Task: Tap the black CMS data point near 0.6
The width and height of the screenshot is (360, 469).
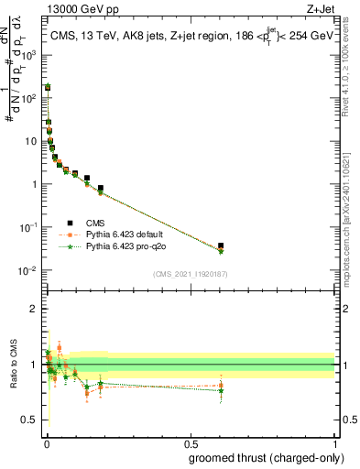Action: pyautogui.click(x=221, y=245)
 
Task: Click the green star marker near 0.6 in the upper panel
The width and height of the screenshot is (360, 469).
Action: pyautogui.click(x=221, y=251)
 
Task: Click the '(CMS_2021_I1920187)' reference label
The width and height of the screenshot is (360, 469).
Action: pyautogui.click(x=189, y=273)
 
